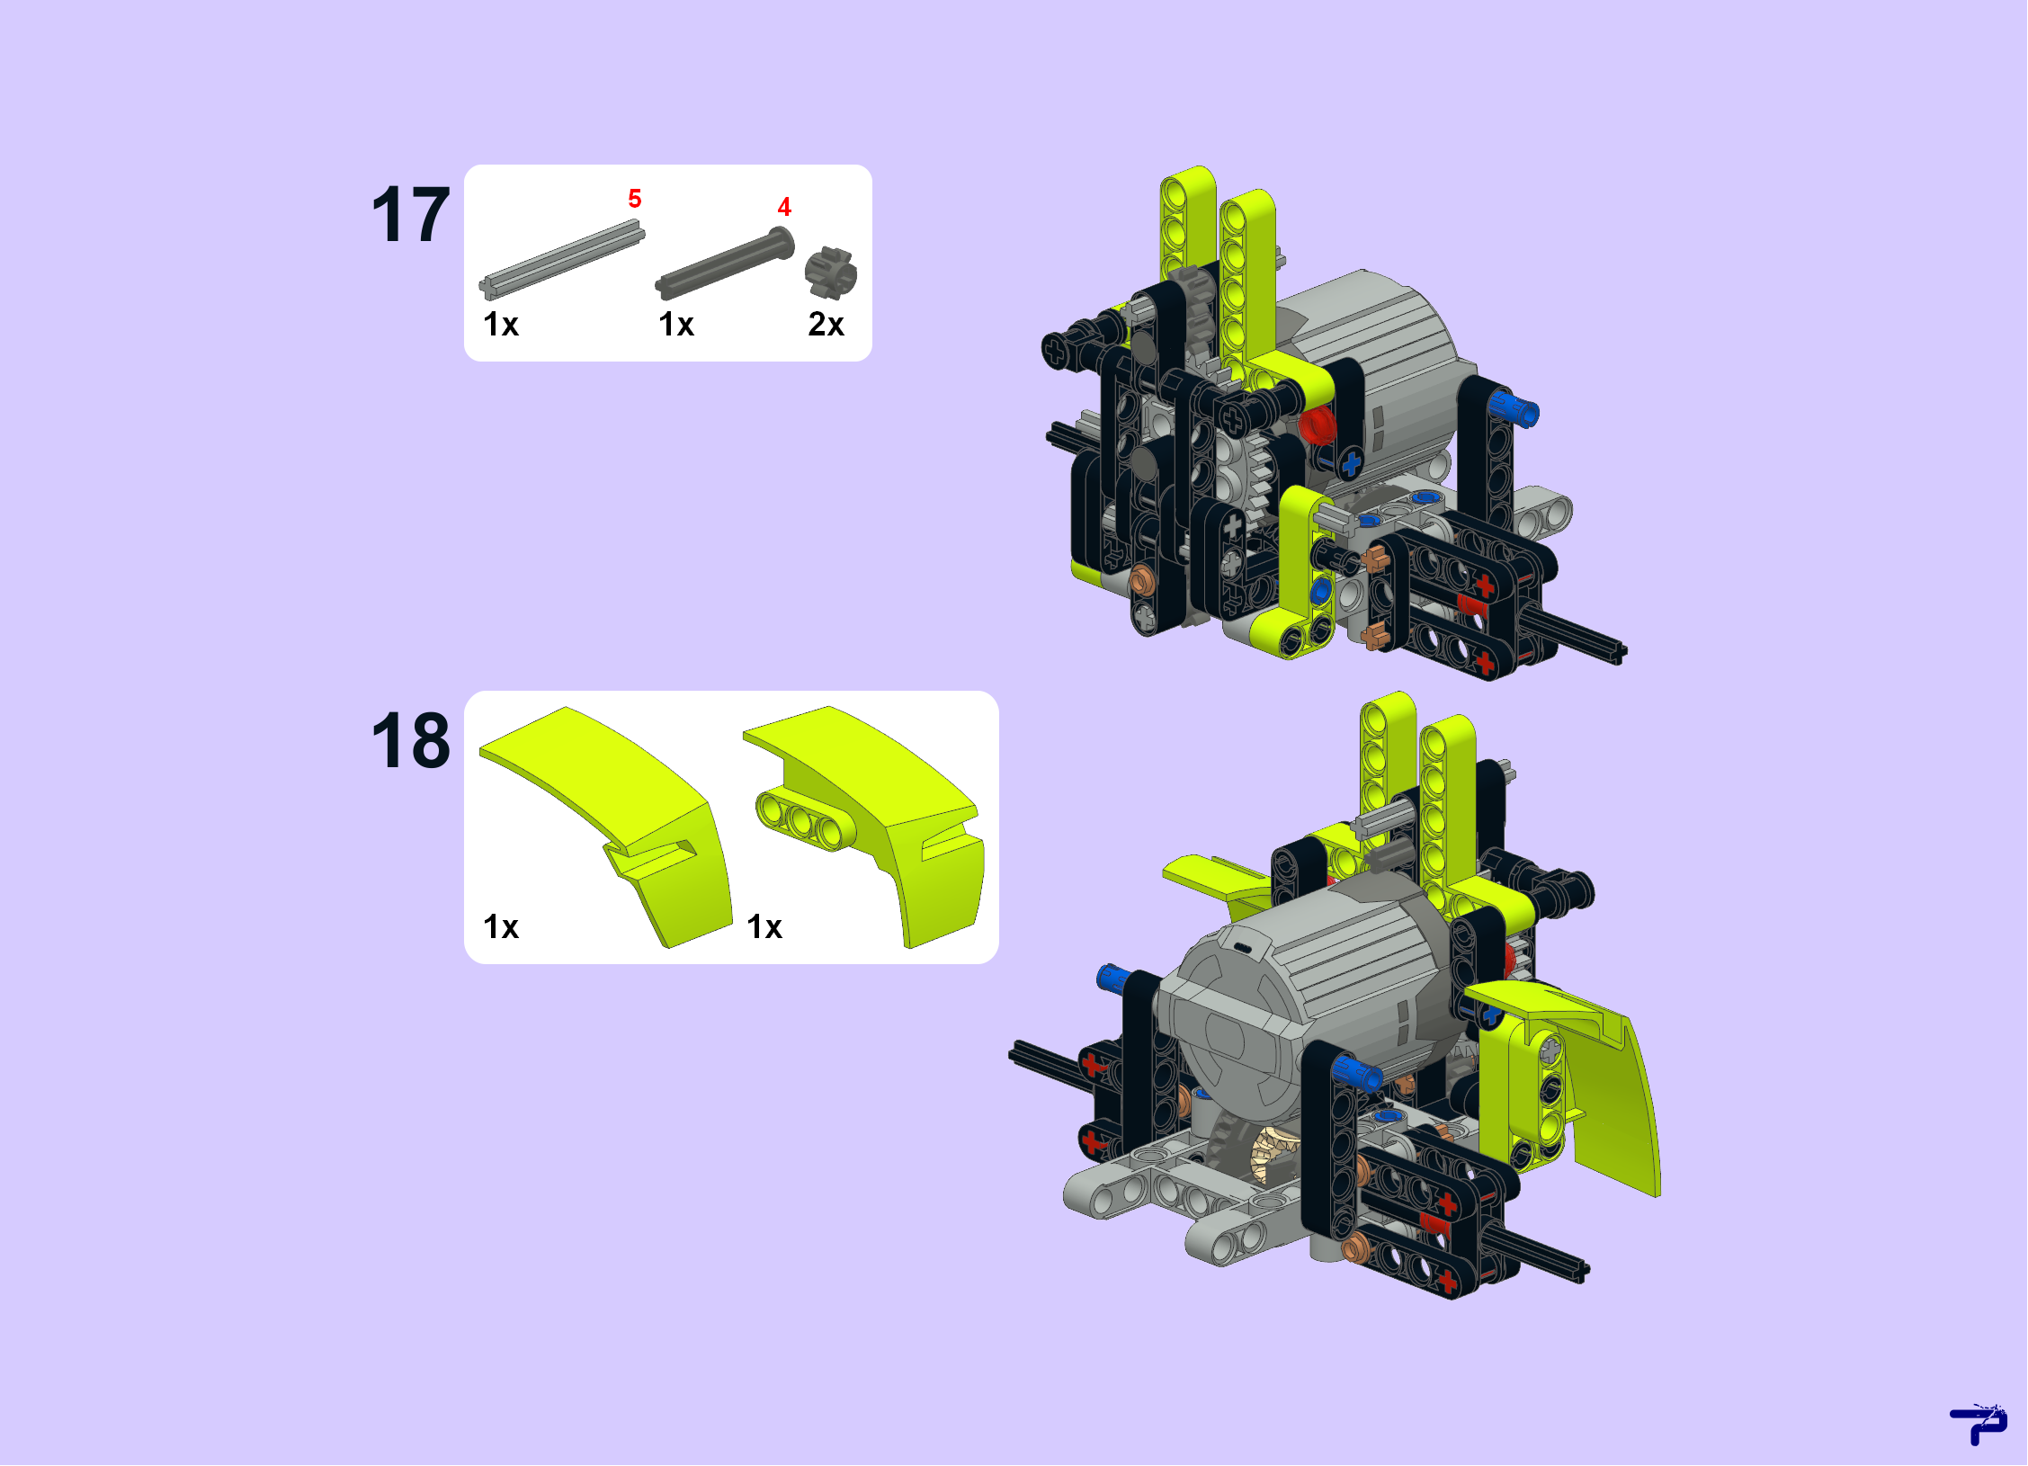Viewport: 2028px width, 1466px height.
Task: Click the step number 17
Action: click(410, 215)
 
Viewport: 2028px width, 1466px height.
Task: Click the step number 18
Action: click(410, 741)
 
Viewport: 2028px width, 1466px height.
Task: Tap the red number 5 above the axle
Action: click(635, 199)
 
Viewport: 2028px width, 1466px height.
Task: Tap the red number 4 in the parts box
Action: click(784, 207)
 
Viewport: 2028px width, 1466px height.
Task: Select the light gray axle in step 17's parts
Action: click(562, 259)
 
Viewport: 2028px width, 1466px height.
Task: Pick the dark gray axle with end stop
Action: click(725, 263)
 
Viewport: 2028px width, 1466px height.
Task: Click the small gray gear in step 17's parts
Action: click(831, 273)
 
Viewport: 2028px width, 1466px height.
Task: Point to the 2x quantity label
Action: click(826, 325)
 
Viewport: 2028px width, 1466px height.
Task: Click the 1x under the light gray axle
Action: click(501, 325)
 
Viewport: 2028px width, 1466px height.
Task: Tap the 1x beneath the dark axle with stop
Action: click(676, 325)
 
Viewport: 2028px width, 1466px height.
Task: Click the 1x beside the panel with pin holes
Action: click(764, 927)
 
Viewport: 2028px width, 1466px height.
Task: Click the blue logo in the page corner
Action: click(1979, 1425)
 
